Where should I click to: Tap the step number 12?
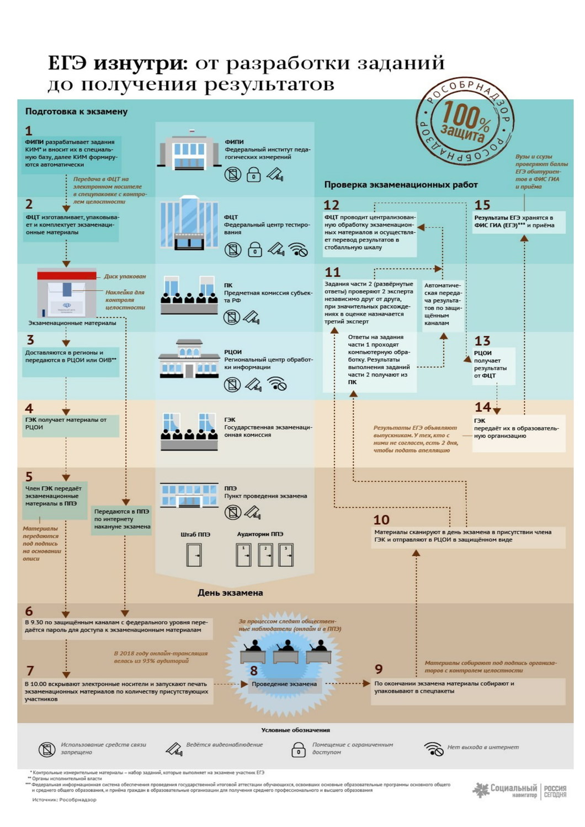point(331,205)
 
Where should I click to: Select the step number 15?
point(482,205)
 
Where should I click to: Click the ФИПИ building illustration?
point(185,151)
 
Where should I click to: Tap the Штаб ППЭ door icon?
point(194,555)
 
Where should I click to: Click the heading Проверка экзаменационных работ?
point(401,185)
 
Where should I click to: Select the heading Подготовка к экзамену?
point(76,111)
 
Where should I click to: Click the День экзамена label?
point(230,593)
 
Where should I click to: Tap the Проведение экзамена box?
point(284,684)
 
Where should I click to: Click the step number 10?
point(381,520)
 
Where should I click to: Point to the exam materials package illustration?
point(67,293)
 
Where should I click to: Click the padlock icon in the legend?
point(298,749)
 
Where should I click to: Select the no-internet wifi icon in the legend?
point(434,749)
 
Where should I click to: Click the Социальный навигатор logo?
point(519,790)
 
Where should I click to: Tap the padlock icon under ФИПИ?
point(253,175)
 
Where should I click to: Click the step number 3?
point(30,340)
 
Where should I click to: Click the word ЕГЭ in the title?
point(67,63)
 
